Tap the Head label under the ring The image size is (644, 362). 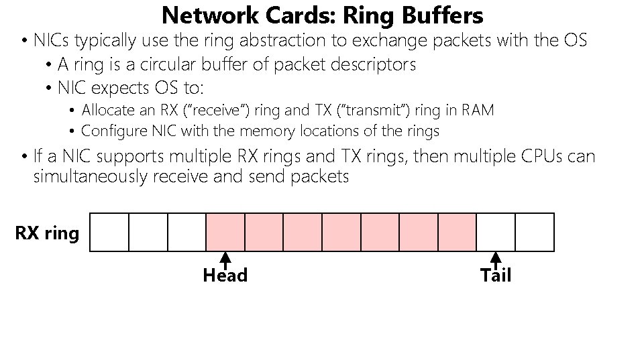click(x=225, y=276)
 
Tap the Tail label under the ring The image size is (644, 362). click(x=496, y=276)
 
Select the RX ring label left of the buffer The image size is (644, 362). click(x=47, y=233)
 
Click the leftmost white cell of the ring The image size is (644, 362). click(x=109, y=232)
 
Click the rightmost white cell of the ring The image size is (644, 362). click(x=535, y=232)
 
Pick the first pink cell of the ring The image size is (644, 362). click(x=225, y=232)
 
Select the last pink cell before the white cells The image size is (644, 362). click(x=458, y=232)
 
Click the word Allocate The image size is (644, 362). click(x=109, y=110)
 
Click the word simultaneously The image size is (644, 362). click(x=90, y=177)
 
